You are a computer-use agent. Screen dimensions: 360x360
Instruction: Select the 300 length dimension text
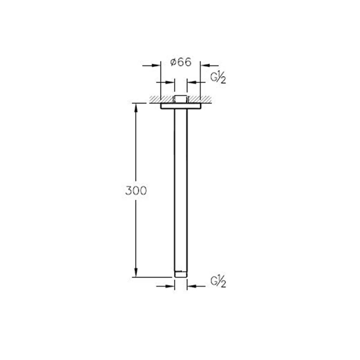pyautogui.click(x=136, y=191)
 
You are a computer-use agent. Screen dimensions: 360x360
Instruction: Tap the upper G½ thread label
pyautogui.click(x=218, y=79)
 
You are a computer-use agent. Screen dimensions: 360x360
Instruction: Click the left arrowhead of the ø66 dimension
pyautogui.click(x=156, y=65)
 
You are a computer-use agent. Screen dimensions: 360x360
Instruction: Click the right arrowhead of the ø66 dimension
pyautogui.click(x=205, y=65)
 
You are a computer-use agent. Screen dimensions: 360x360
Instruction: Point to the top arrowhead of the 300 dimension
pyautogui.click(x=136, y=108)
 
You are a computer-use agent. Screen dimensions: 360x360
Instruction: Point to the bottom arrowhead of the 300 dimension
pyautogui.click(x=136, y=277)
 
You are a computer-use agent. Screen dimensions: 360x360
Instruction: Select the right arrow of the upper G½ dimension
pyautogui.click(x=196, y=82)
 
